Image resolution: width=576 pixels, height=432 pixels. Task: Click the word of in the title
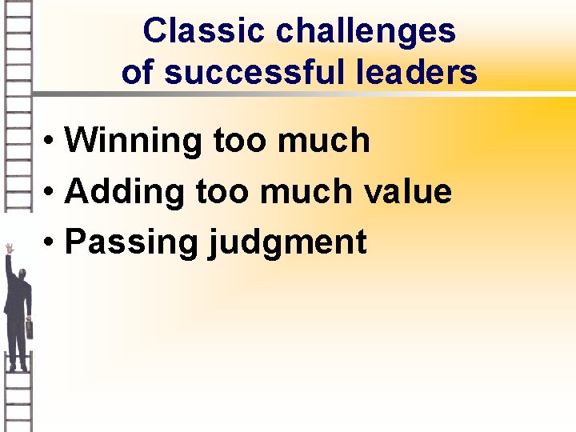tap(138, 73)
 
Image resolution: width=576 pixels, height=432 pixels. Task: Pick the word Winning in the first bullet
tap(134, 142)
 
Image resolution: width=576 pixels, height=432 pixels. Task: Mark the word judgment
tap(287, 242)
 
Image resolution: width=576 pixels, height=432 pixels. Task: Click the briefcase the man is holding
tap(30, 328)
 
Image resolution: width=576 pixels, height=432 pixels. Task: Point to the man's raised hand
tap(9, 249)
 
